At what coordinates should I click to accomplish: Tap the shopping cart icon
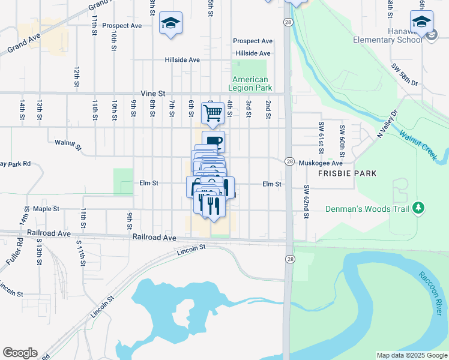(212, 112)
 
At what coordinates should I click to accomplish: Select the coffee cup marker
(214, 142)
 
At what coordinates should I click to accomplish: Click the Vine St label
(152, 94)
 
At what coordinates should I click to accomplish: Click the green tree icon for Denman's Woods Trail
(418, 208)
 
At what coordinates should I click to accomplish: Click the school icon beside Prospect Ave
(170, 23)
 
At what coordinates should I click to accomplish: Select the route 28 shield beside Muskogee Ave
(289, 162)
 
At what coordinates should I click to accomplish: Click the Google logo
(19, 353)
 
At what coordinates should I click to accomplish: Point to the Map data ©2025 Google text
(411, 355)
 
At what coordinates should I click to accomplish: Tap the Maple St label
(46, 209)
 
